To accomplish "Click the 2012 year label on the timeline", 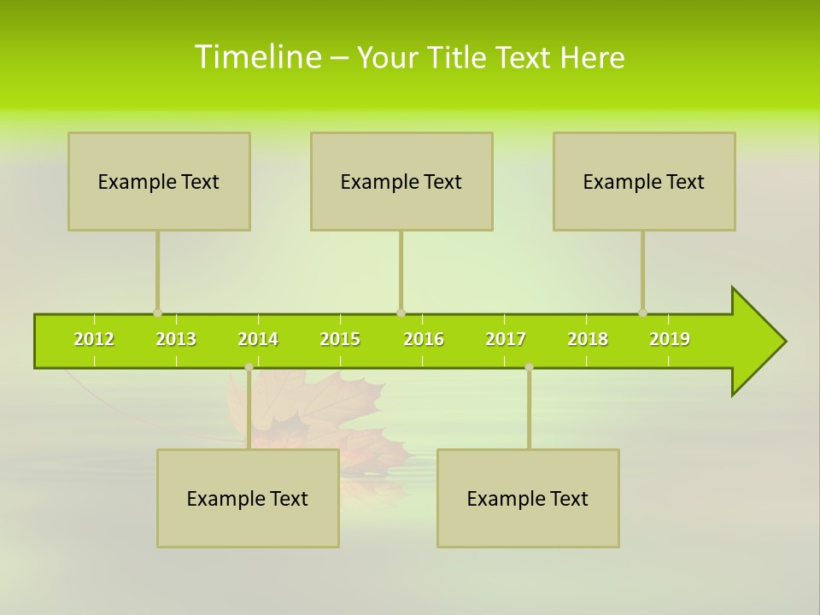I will (x=94, y=339).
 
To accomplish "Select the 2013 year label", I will (x=176, y=339).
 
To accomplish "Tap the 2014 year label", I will (x=258, y=339).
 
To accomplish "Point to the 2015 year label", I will (x=340, y=339).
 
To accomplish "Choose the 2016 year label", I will (x=424, y=339).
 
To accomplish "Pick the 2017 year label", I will (x=506, y=339).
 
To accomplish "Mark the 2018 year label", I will (x=588, y=339).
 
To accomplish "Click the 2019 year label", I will (x=670, y=339).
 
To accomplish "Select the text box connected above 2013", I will (x=159, y=181).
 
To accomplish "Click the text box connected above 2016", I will (x=401, y=181).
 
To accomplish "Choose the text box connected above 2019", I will (x=644, y=181).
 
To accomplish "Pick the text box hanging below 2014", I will (x=248, y=498).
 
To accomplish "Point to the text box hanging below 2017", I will (x=528, y=498).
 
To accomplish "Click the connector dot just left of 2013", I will (x=157, y=313).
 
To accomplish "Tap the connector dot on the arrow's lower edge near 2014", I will (x=249, y=367).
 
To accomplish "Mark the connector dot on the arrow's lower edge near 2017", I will (x=529, y=367).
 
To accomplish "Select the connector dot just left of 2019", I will (x=642, y=313).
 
